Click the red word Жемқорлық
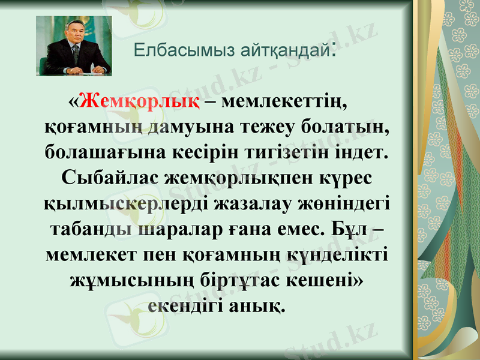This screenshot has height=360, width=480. (140, 101)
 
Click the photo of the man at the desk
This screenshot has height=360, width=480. (74, 46)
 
